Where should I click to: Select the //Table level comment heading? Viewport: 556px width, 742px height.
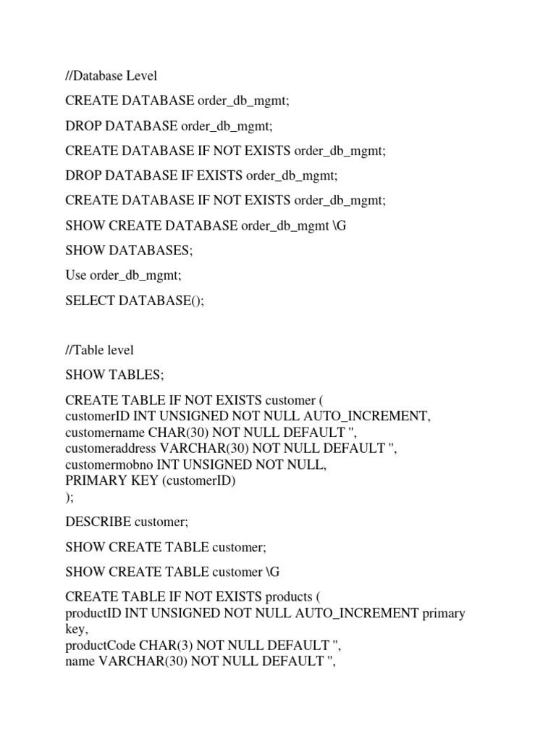(x=99, y=350)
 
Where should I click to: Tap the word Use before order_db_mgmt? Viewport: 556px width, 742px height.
(x=75, y=275)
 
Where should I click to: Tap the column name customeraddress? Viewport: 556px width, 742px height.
(x=110, y=448)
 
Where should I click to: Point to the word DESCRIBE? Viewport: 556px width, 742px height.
(x=98, y=522)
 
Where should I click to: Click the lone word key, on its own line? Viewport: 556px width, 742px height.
(x=76, y=629)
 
